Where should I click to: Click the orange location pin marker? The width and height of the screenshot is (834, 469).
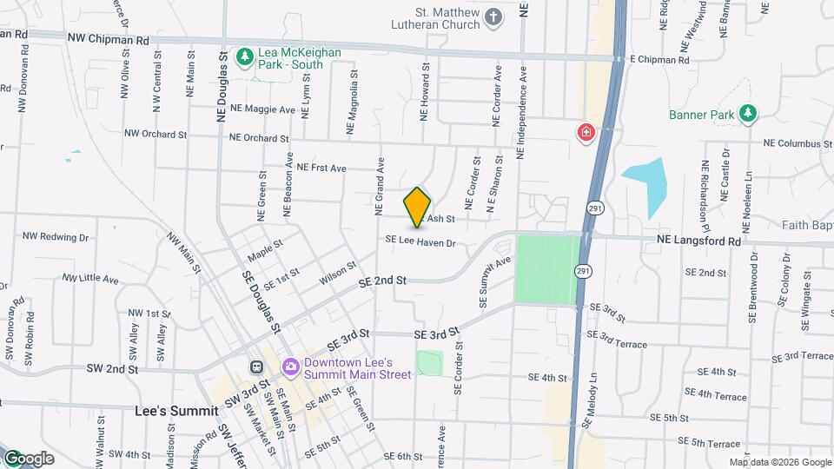[x=418, y=208]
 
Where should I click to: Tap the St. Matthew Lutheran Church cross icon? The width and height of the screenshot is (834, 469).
[x=493, y=17]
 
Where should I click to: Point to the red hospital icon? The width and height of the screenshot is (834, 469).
[x=586, y=133]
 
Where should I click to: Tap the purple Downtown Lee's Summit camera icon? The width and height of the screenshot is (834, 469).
[x=289, y=367]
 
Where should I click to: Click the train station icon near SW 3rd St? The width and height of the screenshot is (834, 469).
[x=257, y=367]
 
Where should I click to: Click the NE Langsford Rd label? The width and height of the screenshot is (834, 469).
[x=698, y=241]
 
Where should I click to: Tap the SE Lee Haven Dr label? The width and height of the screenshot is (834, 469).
[x=420, y=243]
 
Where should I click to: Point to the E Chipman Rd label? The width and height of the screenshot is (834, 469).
[x=659, y=61]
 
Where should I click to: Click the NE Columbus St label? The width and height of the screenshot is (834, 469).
[x=798, y=143]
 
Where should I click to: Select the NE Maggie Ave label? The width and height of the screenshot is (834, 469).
[x=261, y=109]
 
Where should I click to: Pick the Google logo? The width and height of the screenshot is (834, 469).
[x=28, y=459]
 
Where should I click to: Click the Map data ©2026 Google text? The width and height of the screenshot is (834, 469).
[x=779, y=462]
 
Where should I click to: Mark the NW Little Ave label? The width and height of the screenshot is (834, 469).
[x=90, y=279]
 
